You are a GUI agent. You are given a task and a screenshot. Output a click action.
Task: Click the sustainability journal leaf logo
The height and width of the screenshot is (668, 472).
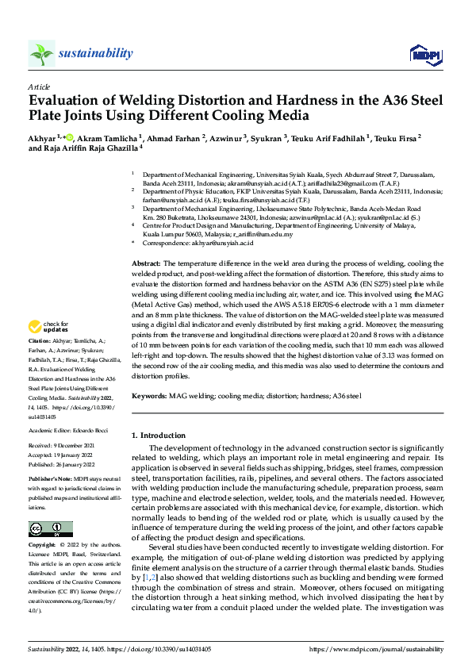tap(41, 54)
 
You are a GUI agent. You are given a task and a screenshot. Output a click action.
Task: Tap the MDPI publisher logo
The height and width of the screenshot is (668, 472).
tap(424, 54)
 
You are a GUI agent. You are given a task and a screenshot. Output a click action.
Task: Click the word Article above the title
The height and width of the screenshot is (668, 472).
tap(38, 87)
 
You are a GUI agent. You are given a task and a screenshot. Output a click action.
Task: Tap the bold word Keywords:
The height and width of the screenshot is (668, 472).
tap(148, 394)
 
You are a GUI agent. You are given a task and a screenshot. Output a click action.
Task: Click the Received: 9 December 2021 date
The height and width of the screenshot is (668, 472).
tap(66, 446)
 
